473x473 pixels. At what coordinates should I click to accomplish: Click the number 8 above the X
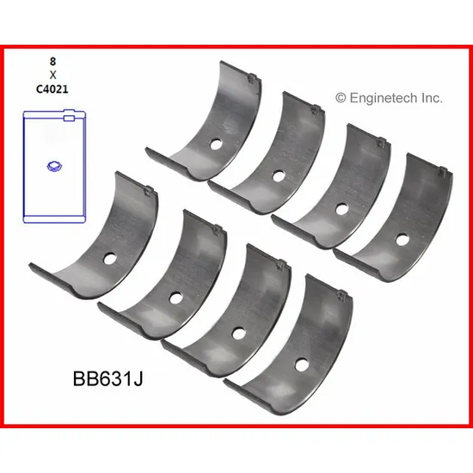(52, 62)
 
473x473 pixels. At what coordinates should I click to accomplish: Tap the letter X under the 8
(52, 75)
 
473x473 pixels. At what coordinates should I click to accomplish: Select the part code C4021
(52, 89)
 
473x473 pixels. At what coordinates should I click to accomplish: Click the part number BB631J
(107, 378)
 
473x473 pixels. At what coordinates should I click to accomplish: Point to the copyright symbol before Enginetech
(341, 98)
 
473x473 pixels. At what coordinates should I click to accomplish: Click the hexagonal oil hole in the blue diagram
(54, 166)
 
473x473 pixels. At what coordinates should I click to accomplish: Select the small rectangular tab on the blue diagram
(69, 118)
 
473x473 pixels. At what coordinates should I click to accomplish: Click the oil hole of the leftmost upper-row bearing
(215, 144)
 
